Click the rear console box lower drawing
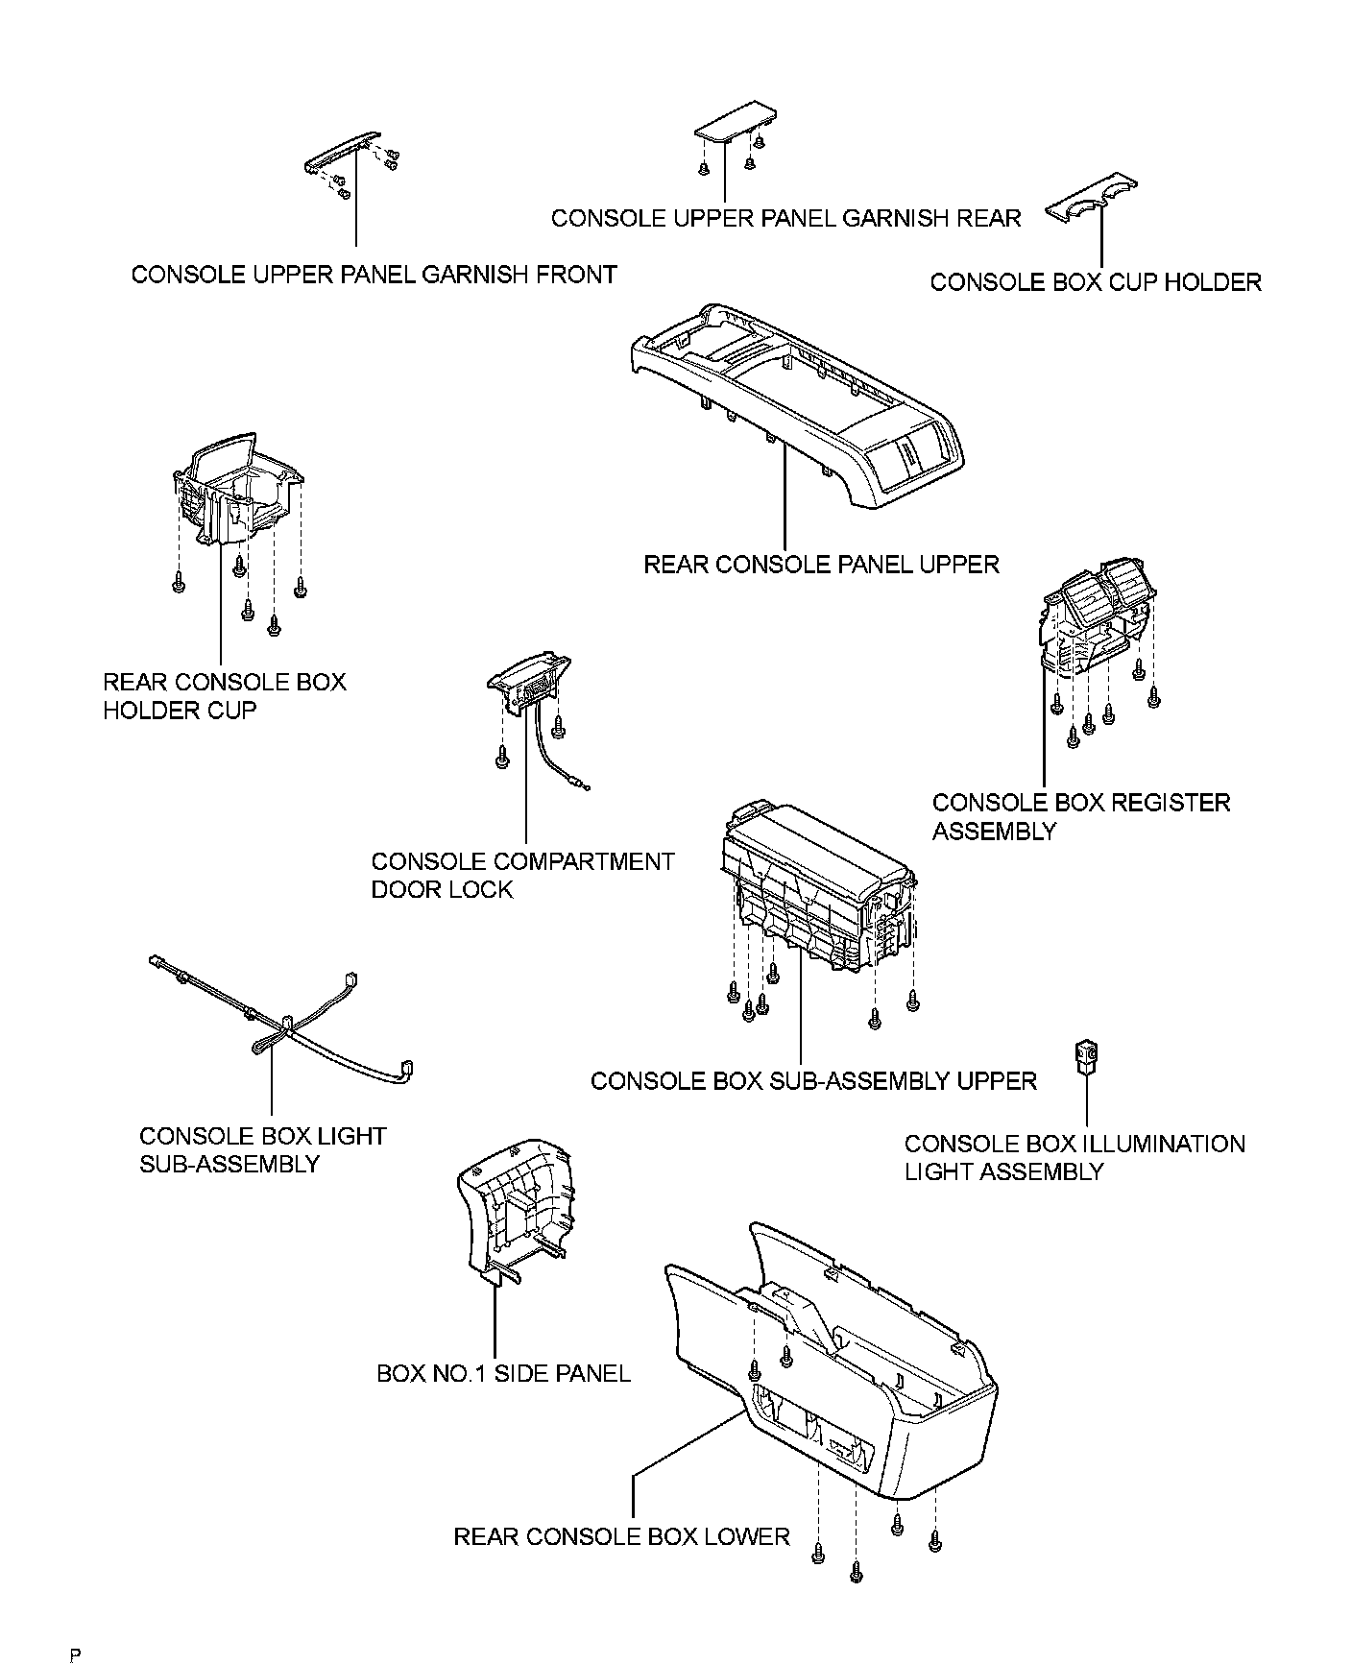[x=835, y=1373]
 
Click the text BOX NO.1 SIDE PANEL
[x=503, y=1373]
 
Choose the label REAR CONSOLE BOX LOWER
[x=620, y=1536]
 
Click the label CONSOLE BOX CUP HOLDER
[x=1095, y=282]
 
